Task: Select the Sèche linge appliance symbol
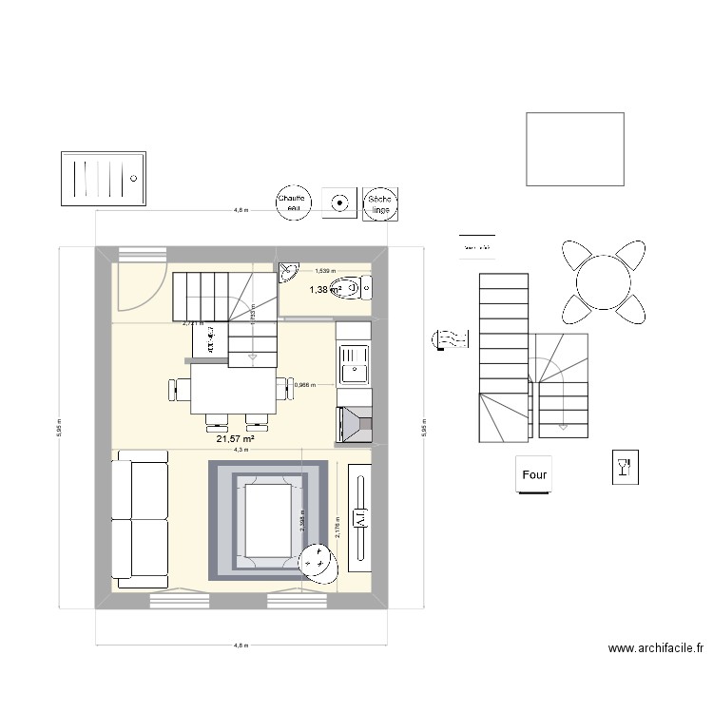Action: click(381, 202)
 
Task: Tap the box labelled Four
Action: click(535, 473)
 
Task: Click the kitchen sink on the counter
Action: click(354, 364)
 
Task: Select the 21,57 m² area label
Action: click(234, 439)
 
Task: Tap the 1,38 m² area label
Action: click(324, 288)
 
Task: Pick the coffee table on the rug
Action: click(268, 520)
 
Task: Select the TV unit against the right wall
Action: click(361, 518)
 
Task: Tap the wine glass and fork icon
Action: click(624, 466)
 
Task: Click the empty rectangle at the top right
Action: click(574, 148)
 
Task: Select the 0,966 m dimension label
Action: click(306, 385)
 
